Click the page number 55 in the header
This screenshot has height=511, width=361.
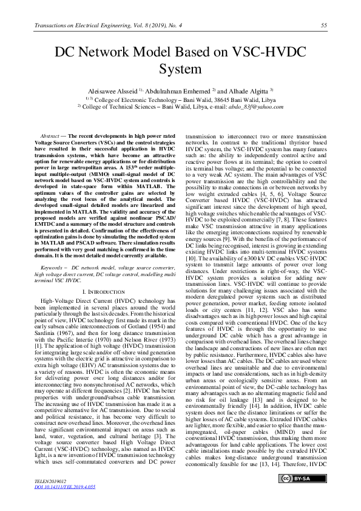(323, 25)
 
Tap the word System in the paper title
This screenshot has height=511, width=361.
(180, 69)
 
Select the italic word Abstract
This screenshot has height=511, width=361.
(49, 136)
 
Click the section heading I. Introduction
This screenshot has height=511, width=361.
(103, 292)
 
